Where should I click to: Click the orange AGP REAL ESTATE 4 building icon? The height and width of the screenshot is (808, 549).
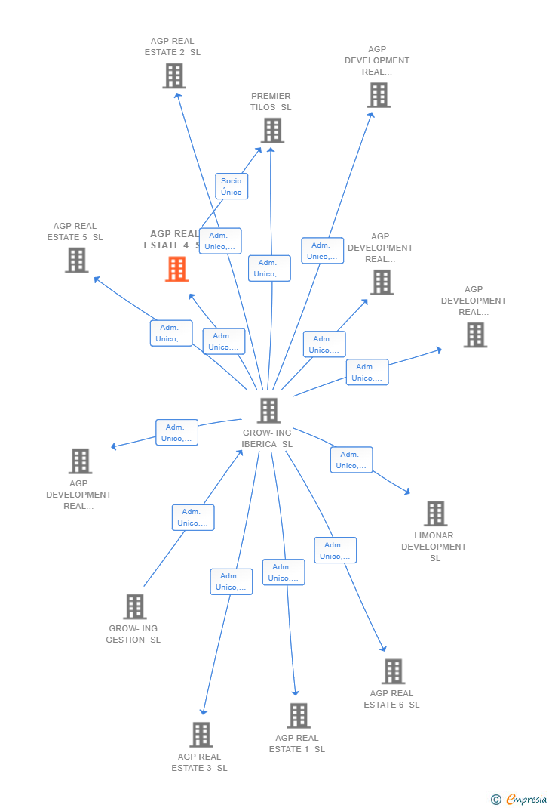pyautogui.click(x=177, y=269)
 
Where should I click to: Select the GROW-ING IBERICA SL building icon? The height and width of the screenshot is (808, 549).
pyautogui.click(x=268, y=411)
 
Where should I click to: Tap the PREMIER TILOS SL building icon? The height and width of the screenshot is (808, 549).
pyautogui.click(x=272, y=131)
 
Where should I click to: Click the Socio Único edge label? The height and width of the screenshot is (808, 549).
pyautogui.click(x=232, y=187)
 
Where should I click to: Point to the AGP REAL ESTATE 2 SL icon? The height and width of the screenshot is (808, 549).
pyautogui.click(x=174, y=76)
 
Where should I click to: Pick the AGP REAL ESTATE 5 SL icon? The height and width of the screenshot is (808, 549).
pyautogui.click(x=77, y=260)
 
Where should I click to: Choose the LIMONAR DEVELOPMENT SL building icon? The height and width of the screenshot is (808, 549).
pyautogui.click(x=435, y=513)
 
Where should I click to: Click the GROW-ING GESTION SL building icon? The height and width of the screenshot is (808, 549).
pyautogui.click(x=134, y=606)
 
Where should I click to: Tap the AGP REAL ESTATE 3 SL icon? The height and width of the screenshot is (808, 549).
pyautogui.click(x=201, y=734)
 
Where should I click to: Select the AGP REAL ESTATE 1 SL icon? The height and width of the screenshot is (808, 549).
pyautogui.click(x=299, y=715)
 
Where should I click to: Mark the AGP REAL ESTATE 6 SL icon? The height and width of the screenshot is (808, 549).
pyautogui.click(x=393, y=671)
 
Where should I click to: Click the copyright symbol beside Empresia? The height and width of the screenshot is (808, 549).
pyautogui.click(x=495, y=799)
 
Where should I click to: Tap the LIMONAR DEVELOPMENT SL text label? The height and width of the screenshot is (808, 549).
pyautogui.click(x=434, y=547)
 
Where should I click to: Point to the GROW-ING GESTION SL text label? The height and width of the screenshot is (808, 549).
pyautogui.click(x=133, y=634)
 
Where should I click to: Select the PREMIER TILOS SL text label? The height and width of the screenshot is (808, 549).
pyautogui.click(x=271, y=102)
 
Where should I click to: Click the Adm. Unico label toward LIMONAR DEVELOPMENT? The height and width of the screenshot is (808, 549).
pyautogui.click(x=351, y=460)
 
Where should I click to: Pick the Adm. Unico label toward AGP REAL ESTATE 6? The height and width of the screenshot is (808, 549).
pyautogui.click(x=335, y=550)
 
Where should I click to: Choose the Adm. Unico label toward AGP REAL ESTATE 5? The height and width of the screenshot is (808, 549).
pyautogui.click(x=171, y=333)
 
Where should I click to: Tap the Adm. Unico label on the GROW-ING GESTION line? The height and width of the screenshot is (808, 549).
pyautogui.click(x=193, y=517)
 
